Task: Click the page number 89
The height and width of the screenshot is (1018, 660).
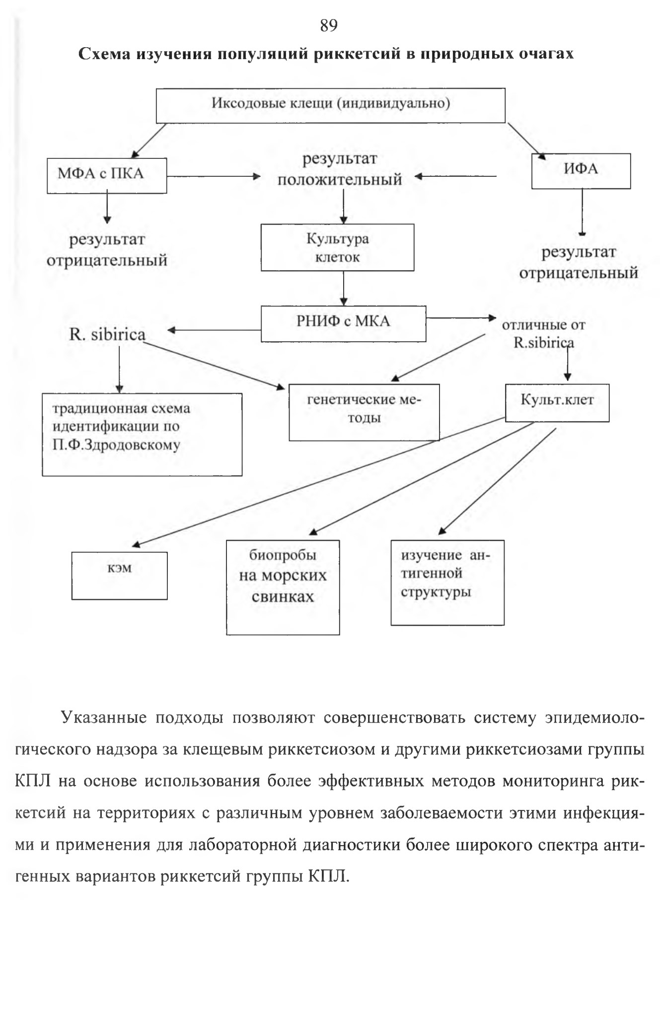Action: [329, 25]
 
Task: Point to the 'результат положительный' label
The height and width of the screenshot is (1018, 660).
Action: [340, 169]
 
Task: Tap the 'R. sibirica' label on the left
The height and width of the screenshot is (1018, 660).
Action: [107, 334]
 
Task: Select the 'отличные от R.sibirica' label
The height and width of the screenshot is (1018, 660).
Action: [544, 334]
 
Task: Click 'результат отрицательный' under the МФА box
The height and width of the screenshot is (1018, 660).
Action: [107, 250]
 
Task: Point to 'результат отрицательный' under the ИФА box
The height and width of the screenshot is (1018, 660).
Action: [579, 263]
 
